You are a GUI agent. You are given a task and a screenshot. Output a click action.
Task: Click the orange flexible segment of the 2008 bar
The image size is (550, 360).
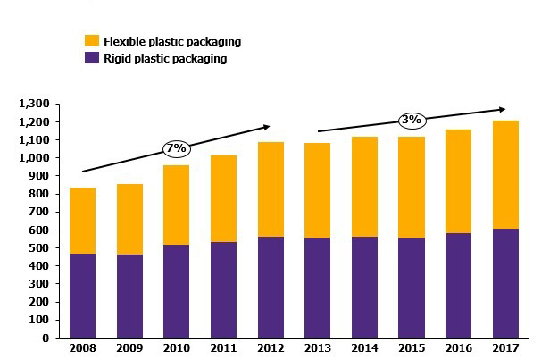(x=82, y=221)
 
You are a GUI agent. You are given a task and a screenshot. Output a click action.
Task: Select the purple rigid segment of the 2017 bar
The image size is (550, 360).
(x=506, y=283)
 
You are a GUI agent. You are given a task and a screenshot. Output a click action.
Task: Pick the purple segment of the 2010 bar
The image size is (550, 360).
(x=176, y=291)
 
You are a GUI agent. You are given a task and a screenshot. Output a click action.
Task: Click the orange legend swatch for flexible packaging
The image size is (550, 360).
(x=91, y=41)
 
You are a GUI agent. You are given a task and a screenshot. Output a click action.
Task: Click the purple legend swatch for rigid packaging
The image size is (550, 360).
(x=91, y=58)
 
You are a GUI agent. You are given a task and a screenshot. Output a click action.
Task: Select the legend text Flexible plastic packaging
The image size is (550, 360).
(x=172, y=42)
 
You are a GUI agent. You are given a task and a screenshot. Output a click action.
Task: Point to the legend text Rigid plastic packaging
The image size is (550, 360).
(x=165, y=59)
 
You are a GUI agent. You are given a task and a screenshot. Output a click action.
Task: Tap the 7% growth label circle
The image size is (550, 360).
(x=175, y=147)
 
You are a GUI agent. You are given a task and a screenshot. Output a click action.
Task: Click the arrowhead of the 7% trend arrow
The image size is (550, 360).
(x=266, y=127)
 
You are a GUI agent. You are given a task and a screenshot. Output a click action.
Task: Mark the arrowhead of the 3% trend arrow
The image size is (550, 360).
(x=503, y=110)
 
